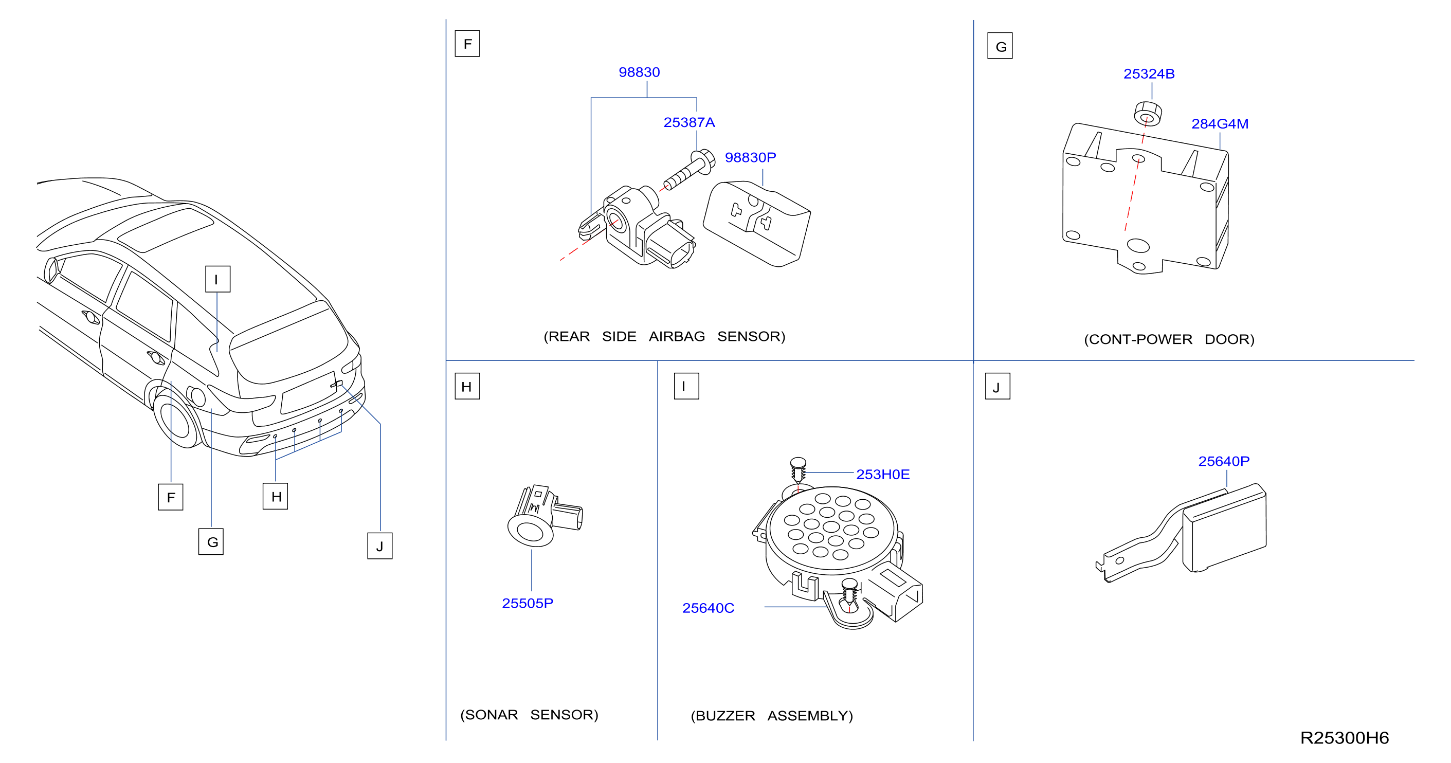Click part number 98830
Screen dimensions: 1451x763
pyautogui.click(x=639, y=72)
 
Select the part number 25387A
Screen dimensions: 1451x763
pyautogui.click(x=689, y=122)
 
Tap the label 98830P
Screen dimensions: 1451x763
pyautogui.click(x=750, y=157)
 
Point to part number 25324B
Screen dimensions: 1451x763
pyautogui.click(x=1149, y=74)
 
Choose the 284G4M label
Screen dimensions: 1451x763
pyautogui.click(x=1220, y=123)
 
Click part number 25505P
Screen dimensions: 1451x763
pyautogui.click(x=527, y=603)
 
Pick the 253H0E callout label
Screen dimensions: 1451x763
pyautogui.click(x=883, y=474)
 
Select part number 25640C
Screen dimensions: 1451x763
pyautogui.click(x=708, y=608)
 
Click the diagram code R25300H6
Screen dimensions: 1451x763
pyautogui.click(x=1344, y=738)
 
